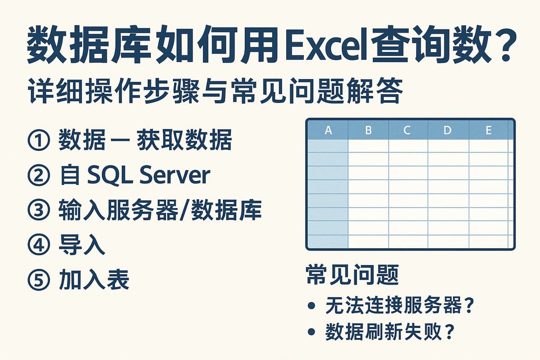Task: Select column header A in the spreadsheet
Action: pos(328,131)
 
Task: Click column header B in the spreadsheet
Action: pos(368,131)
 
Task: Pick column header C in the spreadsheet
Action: pos(407,131)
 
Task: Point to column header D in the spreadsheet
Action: pos(448,131)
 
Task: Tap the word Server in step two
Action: pos(175,176)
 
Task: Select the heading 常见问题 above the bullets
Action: pos(352,275)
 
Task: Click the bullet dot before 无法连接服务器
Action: pos(313,306)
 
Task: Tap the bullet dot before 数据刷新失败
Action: pos(313,332)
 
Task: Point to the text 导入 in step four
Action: pos(82,246)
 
